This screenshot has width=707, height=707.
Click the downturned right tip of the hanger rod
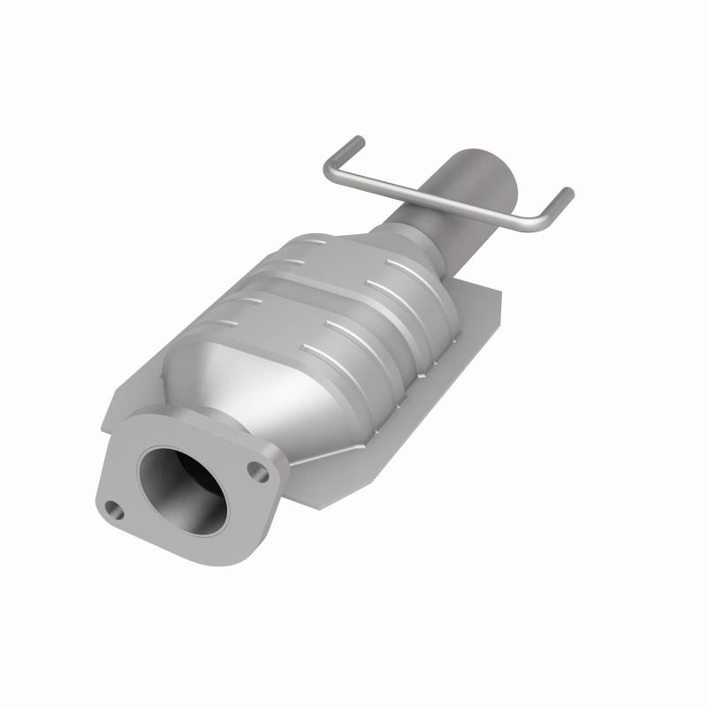tap(567, 194)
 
